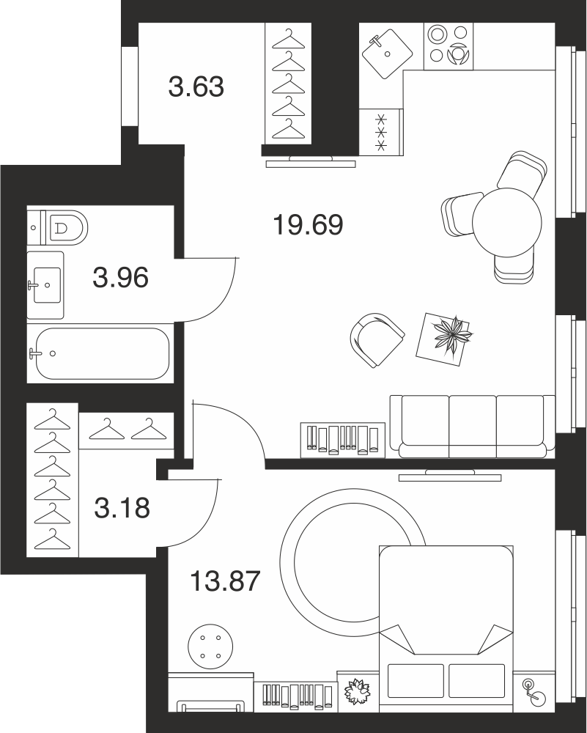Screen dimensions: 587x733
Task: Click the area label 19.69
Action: [x=308, y=225]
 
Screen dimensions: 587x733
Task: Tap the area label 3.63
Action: [x=196, y=87]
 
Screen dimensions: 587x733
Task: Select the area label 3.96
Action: [x=121, y=277]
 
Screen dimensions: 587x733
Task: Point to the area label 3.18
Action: [x=122, y=508]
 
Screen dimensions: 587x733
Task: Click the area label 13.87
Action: [x=225, y=581]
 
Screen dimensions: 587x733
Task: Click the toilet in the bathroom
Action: [x=57, y=228]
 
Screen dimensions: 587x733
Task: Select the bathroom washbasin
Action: [x=45, y=285]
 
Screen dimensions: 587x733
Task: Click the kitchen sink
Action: [x=388, y=54]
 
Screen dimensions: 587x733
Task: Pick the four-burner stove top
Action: [x=448, y=46]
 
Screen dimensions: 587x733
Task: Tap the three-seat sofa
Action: [x=473, y=427]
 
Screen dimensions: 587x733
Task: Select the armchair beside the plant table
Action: [x=377, y=339]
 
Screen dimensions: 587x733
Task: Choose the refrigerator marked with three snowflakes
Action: [x=381, y=131]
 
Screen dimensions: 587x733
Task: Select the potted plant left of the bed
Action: [x=357, y=690]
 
